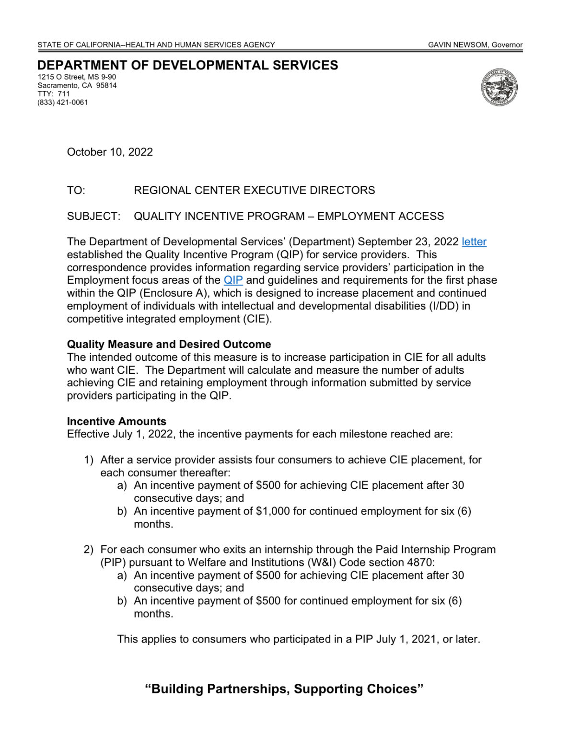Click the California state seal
[499, 87]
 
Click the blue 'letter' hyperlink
[474, 242]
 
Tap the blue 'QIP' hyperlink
[233, 280]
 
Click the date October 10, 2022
[110, 152]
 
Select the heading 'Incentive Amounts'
[116, 421]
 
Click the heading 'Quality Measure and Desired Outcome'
[169, 344]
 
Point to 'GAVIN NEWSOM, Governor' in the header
[475, 45]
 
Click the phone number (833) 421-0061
[63, 102]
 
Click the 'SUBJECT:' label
[93, 216]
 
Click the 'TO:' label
[76, 190]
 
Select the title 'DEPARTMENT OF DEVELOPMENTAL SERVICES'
[187, 65]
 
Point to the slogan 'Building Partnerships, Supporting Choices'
[284, 689]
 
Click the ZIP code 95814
[106, 85]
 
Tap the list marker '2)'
[88, 550]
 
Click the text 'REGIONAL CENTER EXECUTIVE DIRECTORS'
[254, 190]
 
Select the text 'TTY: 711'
[54, 94]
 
